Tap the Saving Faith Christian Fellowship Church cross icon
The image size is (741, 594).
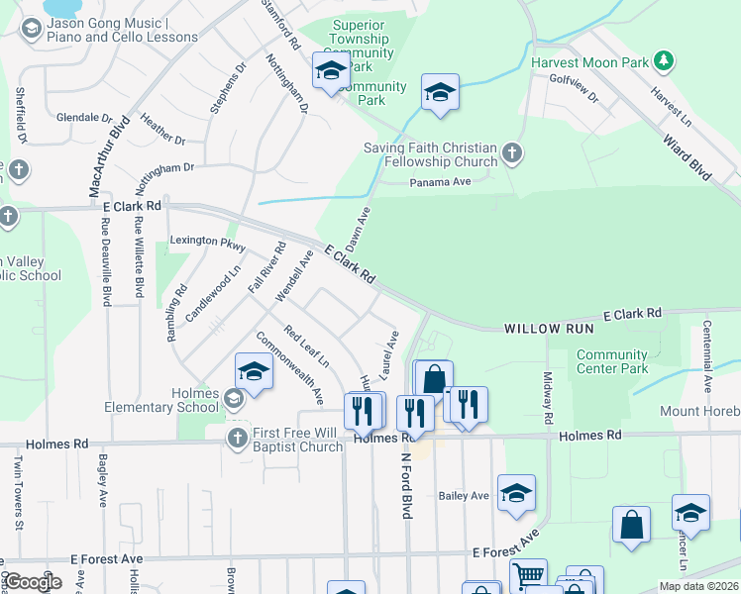pos(511,152)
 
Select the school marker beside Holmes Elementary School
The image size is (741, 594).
pos(254,373)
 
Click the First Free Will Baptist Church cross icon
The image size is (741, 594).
pos(237,438)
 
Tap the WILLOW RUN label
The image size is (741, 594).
pos(548,328)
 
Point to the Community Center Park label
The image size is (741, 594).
pos(612,362)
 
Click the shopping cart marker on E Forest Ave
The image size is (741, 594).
pos(528,575)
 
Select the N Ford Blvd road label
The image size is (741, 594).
pos(405,486)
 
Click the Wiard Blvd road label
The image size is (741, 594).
pos(688,153)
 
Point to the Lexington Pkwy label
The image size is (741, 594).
pos(207,241)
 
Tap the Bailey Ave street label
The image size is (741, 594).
pos(465,495)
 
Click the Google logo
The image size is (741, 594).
pos(33,582)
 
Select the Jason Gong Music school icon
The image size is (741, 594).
pos(31,30)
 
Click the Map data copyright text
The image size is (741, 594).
pos(697,586)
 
